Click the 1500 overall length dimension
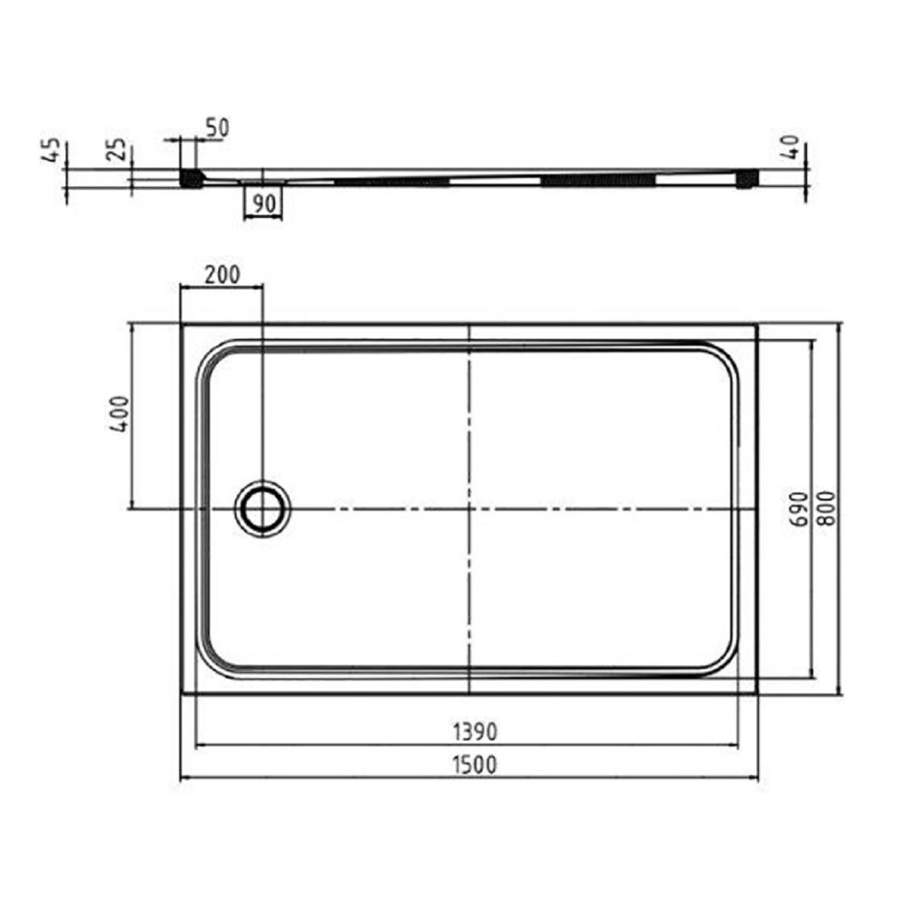tap(474, 765)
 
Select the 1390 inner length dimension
tap(474, 732)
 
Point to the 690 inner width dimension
tap(802, 509)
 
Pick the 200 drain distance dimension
tap(222, 275)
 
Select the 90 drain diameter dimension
tap(263, 204)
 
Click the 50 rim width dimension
tap(217, 127)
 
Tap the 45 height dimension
tap(53, 149)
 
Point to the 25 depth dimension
tap(119, 149)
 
